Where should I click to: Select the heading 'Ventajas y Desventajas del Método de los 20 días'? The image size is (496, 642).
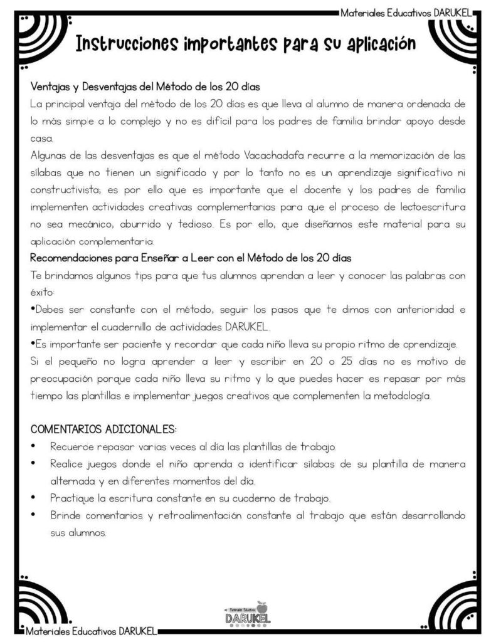(145, 86)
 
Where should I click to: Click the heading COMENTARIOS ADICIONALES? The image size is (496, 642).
(103, 429)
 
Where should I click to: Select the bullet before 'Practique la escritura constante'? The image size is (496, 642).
(33, 498)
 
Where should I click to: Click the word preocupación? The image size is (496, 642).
(65, 379)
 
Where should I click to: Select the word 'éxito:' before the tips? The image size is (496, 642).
(43, 292)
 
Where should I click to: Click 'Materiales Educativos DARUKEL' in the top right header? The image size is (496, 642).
(406, 12)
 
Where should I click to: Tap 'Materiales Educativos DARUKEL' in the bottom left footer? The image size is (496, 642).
(89, 630)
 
